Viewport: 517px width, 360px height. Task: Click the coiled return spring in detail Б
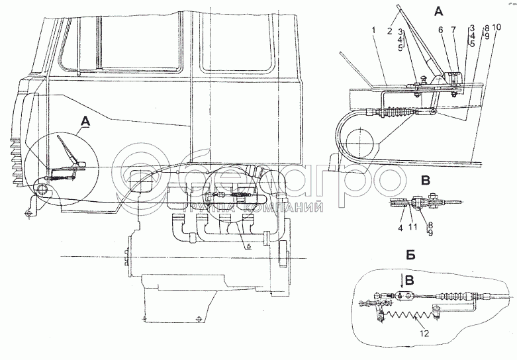411,310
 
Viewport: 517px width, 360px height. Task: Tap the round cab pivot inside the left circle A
43,191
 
